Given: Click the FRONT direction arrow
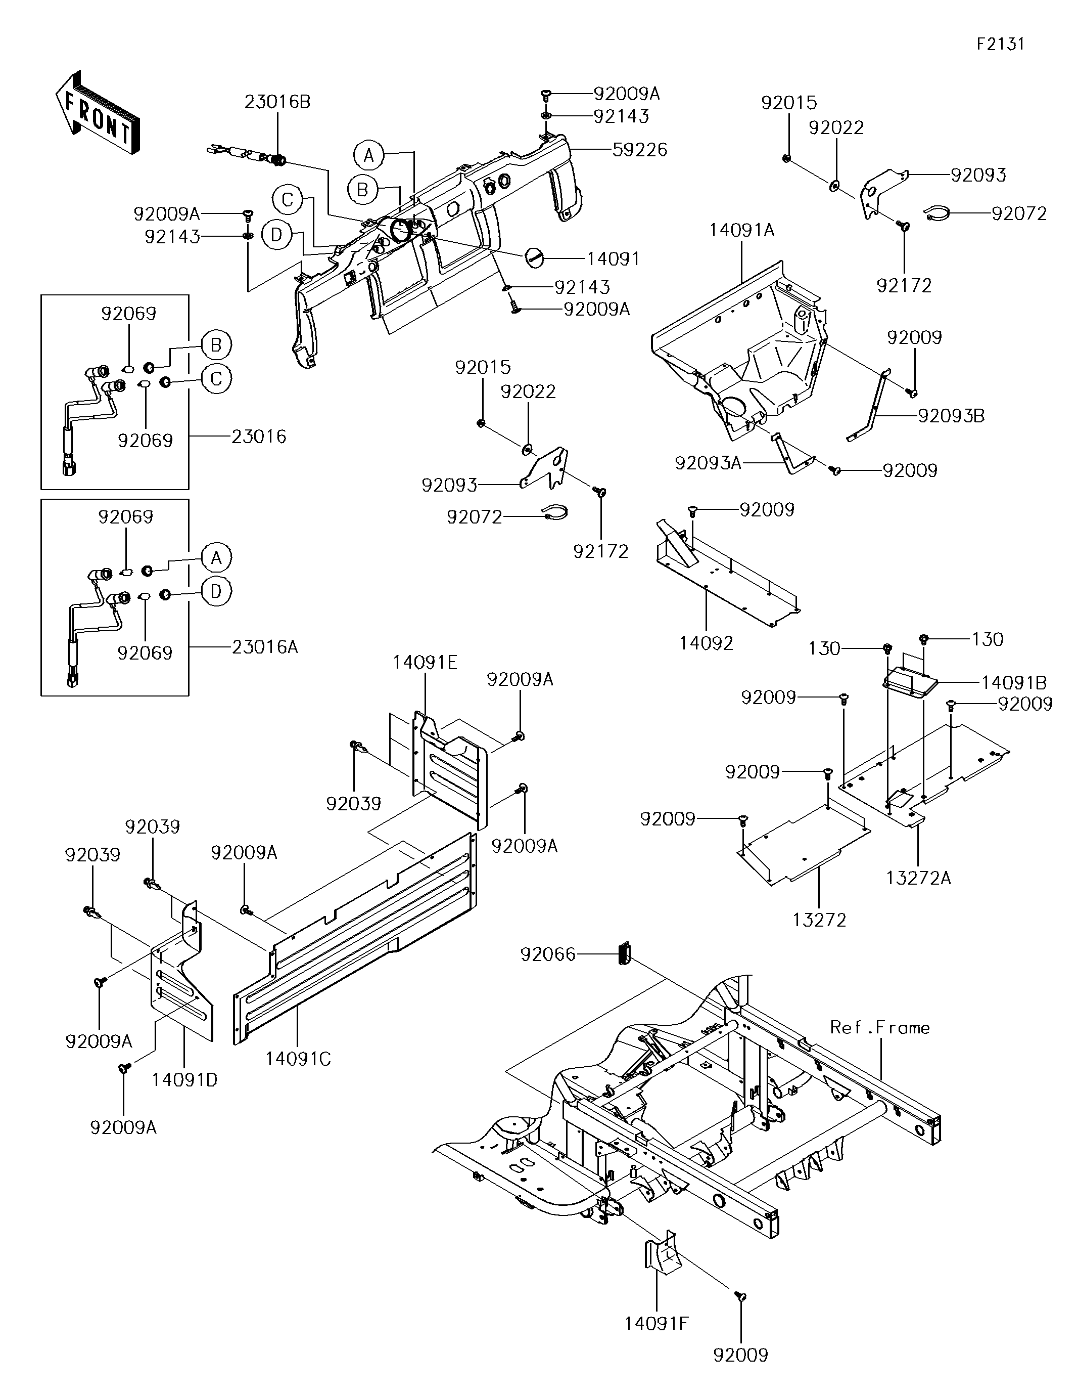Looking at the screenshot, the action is pos(97,113).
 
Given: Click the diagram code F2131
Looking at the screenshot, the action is pos(1000,44).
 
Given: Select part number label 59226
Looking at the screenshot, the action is pos(640,150).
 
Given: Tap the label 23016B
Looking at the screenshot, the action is pos(277,102).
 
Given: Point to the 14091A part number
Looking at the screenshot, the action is pos(742,231).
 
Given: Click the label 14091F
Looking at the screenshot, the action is pos(657,1324).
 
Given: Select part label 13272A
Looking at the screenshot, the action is pos(918,878).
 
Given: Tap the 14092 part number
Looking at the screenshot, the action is pos(706,643).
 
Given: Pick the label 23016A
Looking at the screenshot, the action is pos(265,647).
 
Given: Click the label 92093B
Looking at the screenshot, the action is pos(951,416).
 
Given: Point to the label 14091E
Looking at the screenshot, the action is pos(425,663).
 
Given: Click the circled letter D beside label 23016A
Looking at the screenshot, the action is pos(216,592).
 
